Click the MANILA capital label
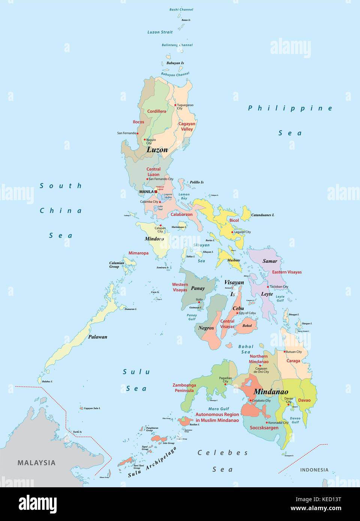(146, 192)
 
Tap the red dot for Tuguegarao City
(175, 105)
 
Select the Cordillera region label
(156, 111)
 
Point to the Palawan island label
(97, 337)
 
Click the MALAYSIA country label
(36, 463)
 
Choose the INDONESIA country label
(314, 470)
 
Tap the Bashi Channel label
(181, 9)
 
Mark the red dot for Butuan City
(284, 352)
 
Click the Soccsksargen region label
(264, 427)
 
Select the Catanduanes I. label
(262, 215)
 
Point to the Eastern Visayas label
(286, 272)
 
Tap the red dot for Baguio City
(145, 139)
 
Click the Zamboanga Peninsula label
(184, 388)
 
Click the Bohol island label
(247, 326)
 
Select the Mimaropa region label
(138, 253)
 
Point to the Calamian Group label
(117, 265)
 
